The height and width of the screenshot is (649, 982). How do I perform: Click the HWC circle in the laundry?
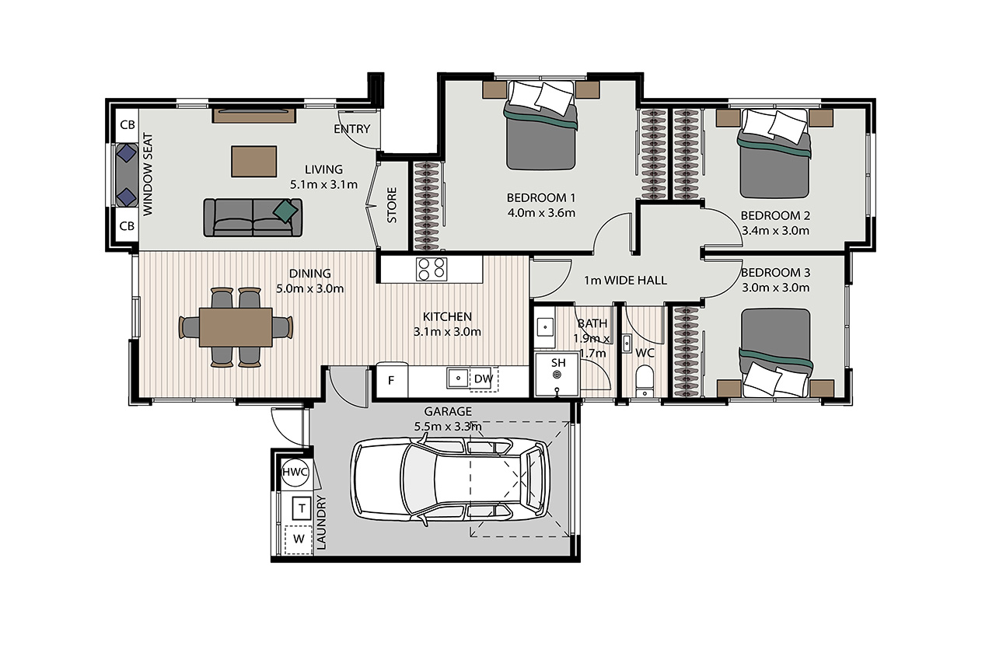(x=295, y=472)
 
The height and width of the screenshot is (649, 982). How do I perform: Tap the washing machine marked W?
(x=299, y=539)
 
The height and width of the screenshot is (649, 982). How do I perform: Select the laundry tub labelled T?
(x=302, y=508)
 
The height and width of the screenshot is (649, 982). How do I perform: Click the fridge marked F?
(x=392, y=379)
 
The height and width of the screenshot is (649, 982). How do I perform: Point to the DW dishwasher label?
(x=484, y=379)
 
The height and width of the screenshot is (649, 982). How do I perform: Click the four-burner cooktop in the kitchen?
(x=432, y=269)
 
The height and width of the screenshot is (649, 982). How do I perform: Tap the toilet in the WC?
(x=645, y=380)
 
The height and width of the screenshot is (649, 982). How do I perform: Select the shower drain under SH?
(x=557, y=375)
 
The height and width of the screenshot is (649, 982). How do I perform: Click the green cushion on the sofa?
(x=285, y=211)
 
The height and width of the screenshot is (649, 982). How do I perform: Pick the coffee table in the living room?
(x=253, y=161)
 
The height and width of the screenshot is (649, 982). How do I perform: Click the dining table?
(x=236, y=327)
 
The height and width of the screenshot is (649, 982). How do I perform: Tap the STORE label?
(x=392, y=205)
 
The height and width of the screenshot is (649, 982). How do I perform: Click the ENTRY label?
(x=352, y=129)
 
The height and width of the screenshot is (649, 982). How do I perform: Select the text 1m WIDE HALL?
(x=626, y=281)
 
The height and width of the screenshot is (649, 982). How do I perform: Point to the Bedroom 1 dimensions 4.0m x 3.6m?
(x=541, y=214)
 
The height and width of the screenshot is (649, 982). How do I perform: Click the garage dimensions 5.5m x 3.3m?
(x=448, y=427)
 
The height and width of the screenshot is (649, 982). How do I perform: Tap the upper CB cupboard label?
(x=128, y=125)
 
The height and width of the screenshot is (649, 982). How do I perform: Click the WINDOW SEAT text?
(x=149, y=174)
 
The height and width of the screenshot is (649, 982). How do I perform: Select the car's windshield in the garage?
(x=418, y=480)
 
